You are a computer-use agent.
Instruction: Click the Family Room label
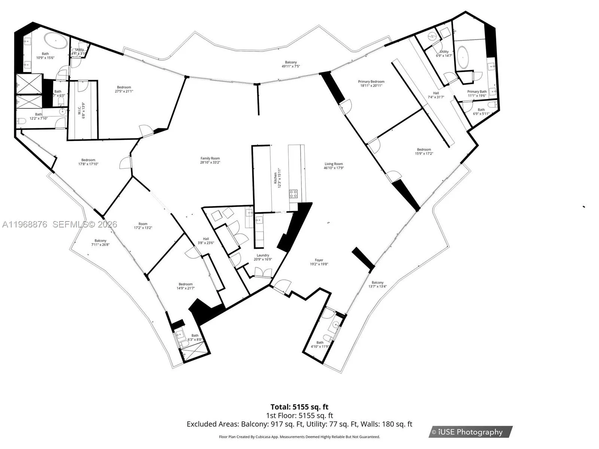(x=210, y=158)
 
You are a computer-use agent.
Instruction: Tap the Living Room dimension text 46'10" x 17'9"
(x=334, y=168)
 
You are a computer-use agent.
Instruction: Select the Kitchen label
(x=275, y=178)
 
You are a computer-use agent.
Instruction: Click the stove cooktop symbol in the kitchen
(x=294, y=194)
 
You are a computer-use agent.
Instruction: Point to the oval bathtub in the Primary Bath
(x=463, y=58)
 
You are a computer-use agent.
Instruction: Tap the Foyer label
(x=319, y=260)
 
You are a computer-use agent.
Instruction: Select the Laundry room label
(x=263, y=255)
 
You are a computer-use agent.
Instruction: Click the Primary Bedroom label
(x=371, y=82)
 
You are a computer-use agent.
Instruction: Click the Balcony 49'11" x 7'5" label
(x=291, y=62)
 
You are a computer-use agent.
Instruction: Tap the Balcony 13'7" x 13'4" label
(x=377, y=282)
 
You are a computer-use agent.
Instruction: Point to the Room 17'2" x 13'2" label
(x=143, y=224)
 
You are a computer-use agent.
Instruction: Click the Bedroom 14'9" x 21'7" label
(x=185, y=284)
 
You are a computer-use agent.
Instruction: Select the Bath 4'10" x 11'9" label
(x=320, y=342)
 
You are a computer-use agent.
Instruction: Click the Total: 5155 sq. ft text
(x=299, y=407)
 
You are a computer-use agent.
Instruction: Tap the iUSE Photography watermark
(x=471, y=432)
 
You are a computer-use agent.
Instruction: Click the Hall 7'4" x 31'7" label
(x=436, y=93)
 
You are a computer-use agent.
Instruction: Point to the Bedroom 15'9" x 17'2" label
(x=424, y=149)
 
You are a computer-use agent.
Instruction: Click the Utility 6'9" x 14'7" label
(x=444, y=52)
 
